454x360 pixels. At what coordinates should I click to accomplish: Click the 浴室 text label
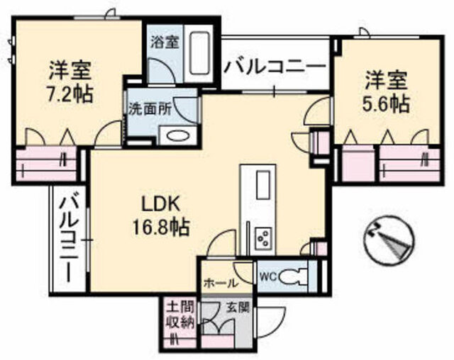(164, 41)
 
